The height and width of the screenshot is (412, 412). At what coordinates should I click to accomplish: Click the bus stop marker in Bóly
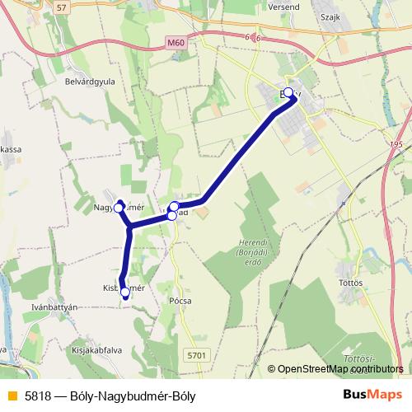[x=288, y=92]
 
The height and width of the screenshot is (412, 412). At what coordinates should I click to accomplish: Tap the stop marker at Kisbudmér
[x=125, y=292]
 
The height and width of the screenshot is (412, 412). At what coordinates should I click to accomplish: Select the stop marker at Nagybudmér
[x=119, y=208]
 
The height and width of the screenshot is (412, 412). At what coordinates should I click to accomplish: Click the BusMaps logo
[x=372, y=395]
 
